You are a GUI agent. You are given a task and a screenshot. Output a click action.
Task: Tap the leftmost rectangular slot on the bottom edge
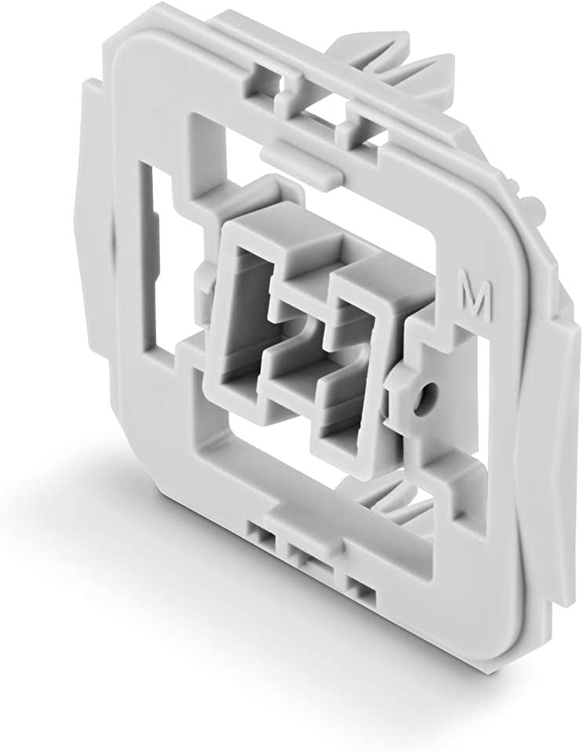tap(261, 537)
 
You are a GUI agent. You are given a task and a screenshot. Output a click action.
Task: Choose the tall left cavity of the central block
tap(244, 314)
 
